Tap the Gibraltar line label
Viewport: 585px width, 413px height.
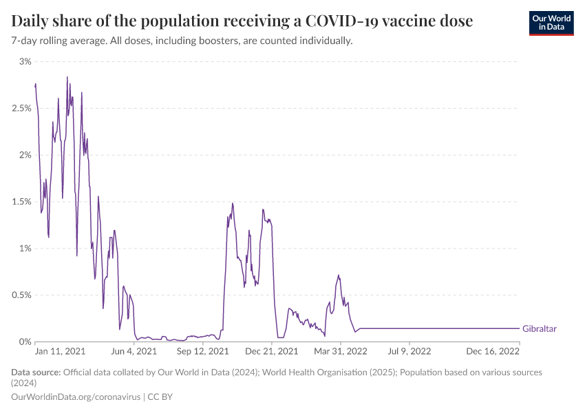[540, 329]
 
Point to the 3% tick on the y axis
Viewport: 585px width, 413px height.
[25, 62]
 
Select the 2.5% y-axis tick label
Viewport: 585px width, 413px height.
[21, 109]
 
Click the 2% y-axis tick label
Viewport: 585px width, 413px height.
[25, 155]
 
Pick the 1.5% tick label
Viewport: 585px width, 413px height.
[21, 202]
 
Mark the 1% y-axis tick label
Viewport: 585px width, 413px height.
[25, 248]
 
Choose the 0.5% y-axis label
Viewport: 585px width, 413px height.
[21, 295]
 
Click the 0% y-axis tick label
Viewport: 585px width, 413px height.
[25, 342]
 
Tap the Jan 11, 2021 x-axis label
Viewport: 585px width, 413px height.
[61, 351]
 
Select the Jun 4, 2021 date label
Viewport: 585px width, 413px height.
[134, 351]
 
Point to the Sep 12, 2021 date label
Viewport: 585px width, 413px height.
[202, 351]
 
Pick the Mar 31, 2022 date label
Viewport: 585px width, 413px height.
[340, 351]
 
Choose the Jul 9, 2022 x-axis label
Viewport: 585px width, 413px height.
[409, 351]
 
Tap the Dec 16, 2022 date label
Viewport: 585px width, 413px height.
[493, 351]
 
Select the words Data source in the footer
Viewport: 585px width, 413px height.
[36, 372]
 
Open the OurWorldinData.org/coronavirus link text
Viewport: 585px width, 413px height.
[76, 397]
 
